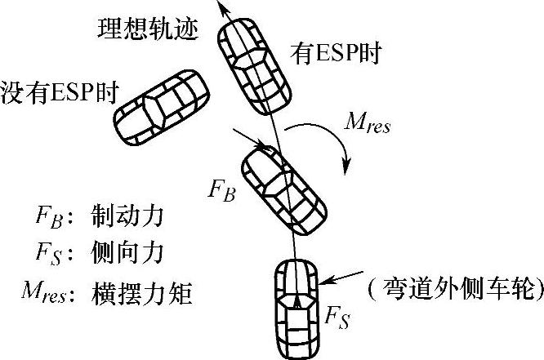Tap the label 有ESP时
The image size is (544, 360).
[x=337, y=54]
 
